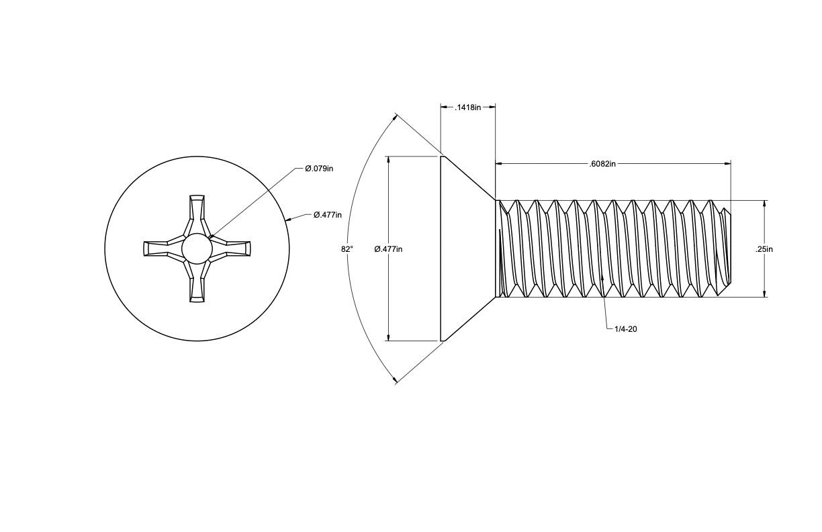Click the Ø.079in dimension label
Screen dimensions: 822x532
319,169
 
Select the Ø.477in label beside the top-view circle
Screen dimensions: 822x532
327,215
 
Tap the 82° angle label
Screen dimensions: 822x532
347,249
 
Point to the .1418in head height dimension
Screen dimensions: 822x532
467,107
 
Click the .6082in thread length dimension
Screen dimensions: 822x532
602,164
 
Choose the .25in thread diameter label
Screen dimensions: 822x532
764,249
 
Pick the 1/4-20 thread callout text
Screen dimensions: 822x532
626,329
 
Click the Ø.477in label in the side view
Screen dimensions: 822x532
388,249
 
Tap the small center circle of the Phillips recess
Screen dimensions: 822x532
197,249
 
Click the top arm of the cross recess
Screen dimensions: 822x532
197,215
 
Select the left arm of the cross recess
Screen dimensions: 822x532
164,249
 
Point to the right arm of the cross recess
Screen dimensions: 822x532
230,249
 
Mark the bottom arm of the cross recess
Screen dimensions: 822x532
197,282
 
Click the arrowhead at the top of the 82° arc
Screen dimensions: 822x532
394,118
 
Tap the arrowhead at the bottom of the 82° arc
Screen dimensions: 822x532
394,380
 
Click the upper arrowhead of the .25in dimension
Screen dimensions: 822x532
764,204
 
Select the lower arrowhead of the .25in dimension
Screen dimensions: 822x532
764,294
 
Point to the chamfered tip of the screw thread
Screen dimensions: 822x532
727,249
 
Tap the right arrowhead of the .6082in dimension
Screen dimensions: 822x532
727,164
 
